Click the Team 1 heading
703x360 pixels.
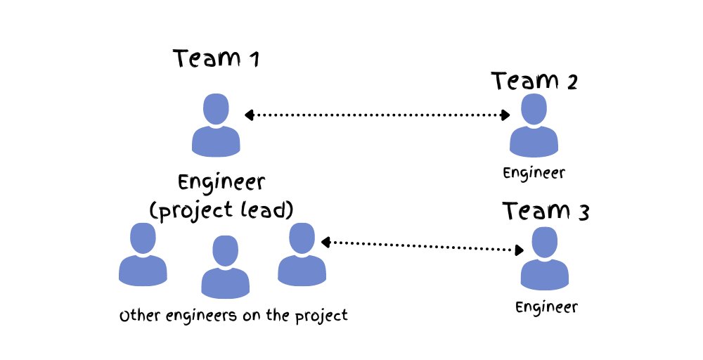217,58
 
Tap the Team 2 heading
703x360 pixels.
534,82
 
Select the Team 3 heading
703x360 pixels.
545,210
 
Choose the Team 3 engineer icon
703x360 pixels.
544,259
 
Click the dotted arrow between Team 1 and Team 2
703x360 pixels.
377,115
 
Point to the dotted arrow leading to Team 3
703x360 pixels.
422,245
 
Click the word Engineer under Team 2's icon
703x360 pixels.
534,172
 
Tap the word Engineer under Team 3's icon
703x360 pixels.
546,307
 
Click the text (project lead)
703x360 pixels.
221,210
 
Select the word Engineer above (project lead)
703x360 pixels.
221,183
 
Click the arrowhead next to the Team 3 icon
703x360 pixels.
519,250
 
